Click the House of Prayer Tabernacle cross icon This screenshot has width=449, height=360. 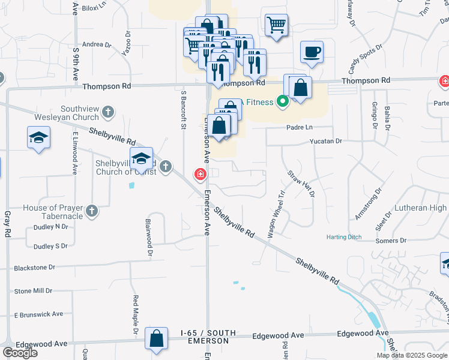click(x=91, y=211)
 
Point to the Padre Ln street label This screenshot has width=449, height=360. click(x=300, y=127)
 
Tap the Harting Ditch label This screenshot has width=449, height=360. click(x=344, y=237)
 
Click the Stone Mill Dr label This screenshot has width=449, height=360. click(x=33, y=291)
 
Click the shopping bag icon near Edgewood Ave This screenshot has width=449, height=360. click(x=156, y=338)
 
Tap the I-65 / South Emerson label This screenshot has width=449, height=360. click(x=205, y=337)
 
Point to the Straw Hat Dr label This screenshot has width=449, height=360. click(x=301, y=183)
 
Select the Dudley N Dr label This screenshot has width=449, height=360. click(x=50, y=227)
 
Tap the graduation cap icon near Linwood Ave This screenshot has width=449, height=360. click(x=38, y=138)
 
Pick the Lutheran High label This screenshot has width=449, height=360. click(x=420, y=208)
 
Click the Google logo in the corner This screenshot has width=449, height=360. click(x=20, y=353)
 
